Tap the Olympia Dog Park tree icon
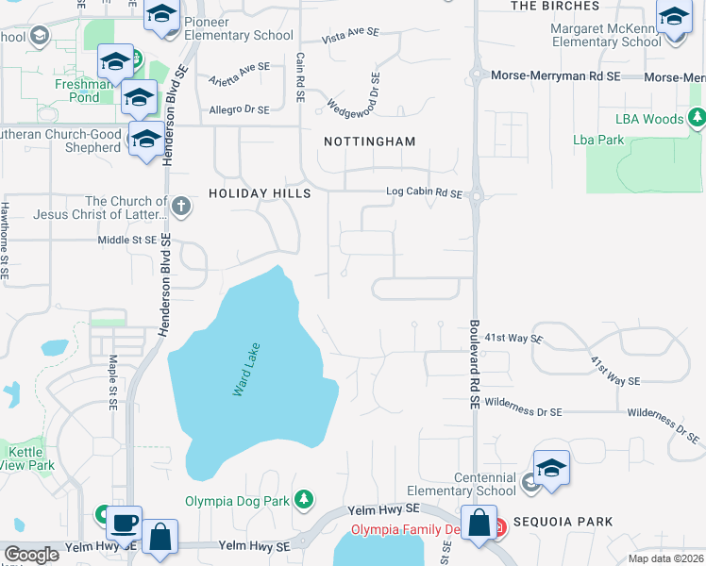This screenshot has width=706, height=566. tap(303, 499)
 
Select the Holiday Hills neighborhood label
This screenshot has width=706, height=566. tap(260, 193)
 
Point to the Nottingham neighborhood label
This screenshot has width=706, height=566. tap(369, 141)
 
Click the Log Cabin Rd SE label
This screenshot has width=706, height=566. tap(424, 193)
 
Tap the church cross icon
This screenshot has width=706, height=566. tap(181, 204)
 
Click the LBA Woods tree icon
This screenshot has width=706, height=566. tap(697, 119)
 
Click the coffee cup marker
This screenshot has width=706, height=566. tap(124, 520)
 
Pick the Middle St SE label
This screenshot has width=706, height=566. tap(126, 241)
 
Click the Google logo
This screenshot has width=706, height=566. tap(31, 555)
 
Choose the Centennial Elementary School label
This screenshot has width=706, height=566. tap(462, 484)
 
